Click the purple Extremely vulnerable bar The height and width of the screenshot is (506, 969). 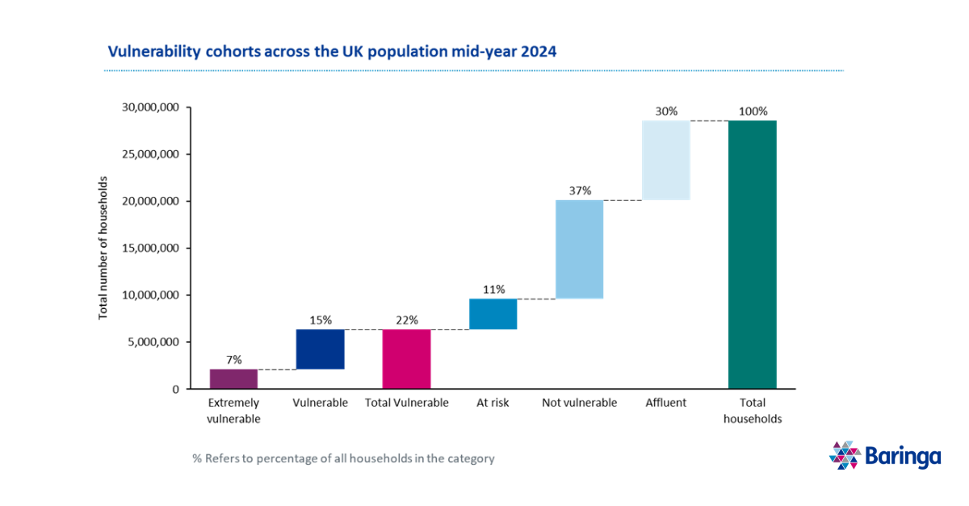[x=233, y=379]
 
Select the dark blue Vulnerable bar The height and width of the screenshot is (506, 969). [x=320, y=349]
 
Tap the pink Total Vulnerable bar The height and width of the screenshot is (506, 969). [x=406, y=359]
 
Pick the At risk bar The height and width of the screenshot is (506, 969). [x=493, y=314]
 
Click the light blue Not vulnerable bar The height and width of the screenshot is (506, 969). [x=579, y=249]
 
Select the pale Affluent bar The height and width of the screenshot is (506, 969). [x=666, y=160]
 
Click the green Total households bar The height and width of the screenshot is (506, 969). [x=752, y=254]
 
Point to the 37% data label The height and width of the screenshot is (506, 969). [x=580, y=191]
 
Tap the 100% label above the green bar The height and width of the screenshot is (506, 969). [x=753, y=111]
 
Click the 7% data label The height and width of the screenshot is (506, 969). [x=233, y=360]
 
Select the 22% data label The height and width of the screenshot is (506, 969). [x=407, y=320]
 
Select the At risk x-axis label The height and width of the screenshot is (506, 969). [x=493, y=403]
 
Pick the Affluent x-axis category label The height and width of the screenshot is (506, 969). [x=665, y=403]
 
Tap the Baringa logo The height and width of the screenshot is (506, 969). [x=885, y=456]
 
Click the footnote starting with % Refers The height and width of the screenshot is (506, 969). [x=343, y=458]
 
